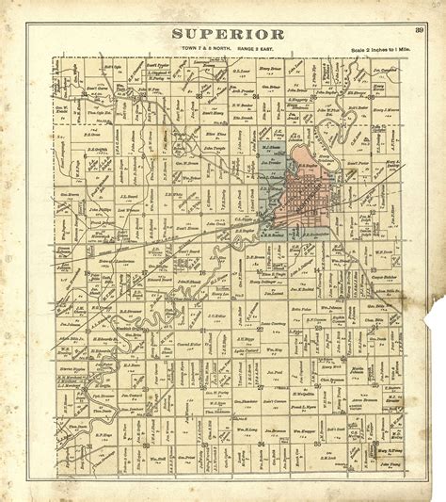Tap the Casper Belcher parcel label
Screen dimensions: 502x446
coord(385,251)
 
